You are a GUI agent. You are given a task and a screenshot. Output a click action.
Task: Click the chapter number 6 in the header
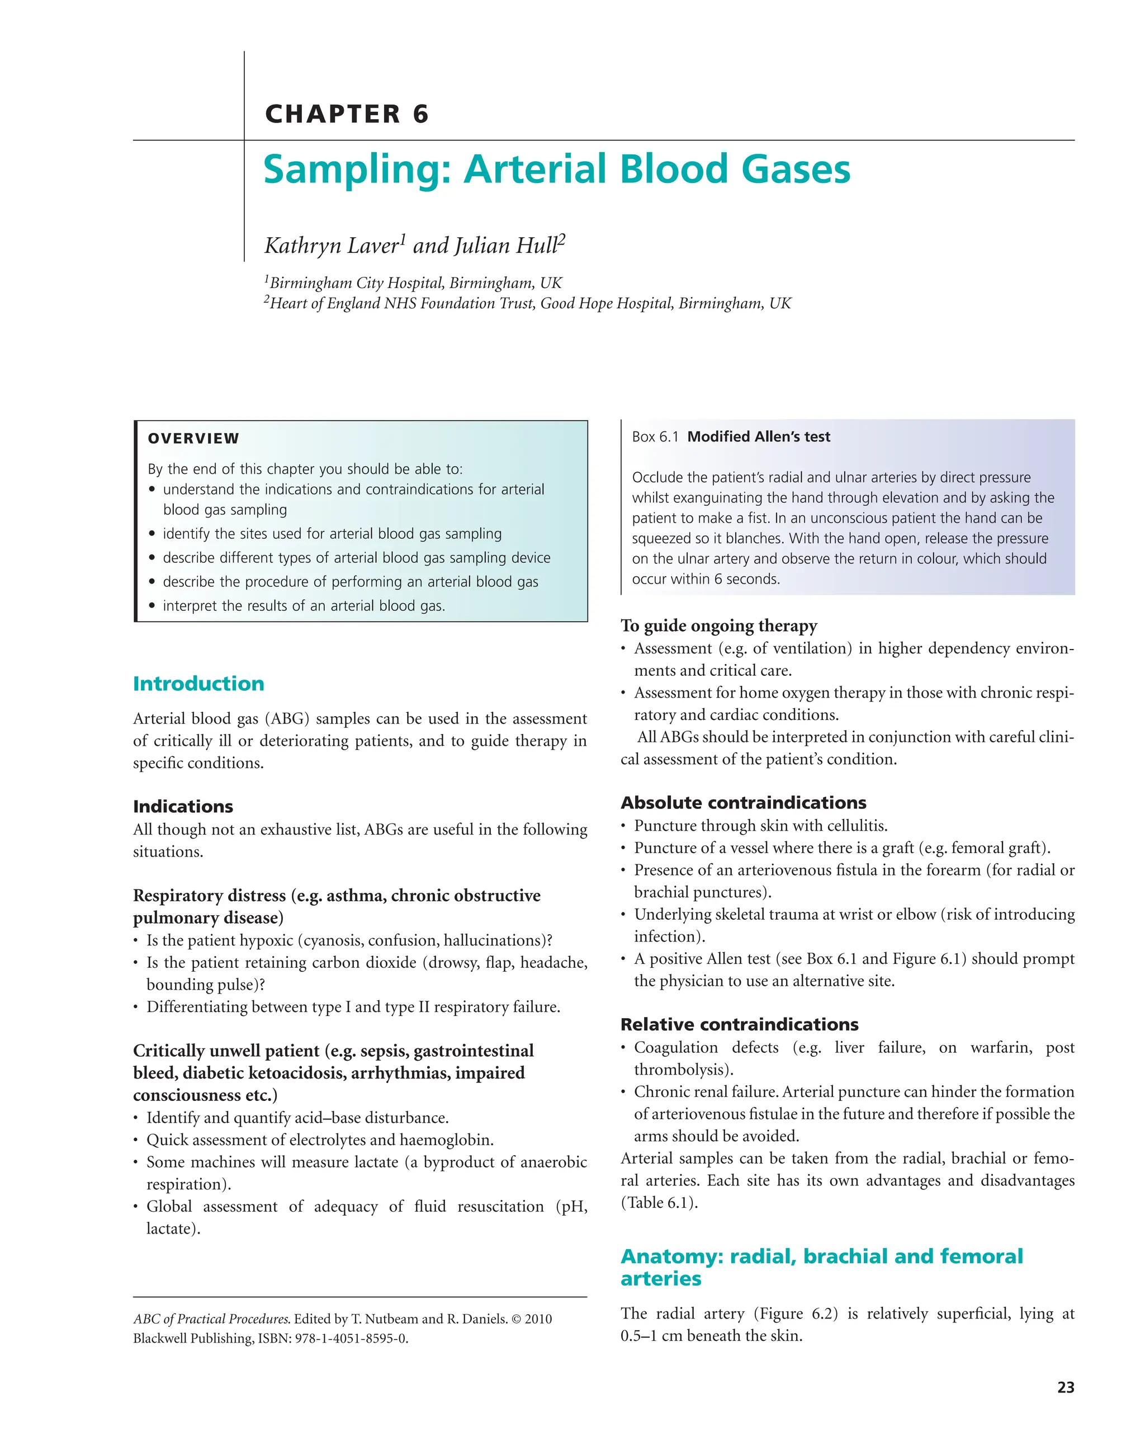click(420, 114)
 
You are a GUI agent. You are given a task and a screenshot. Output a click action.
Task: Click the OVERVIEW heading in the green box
click(193, 439)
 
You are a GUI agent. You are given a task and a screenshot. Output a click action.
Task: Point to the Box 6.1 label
click(655, 437)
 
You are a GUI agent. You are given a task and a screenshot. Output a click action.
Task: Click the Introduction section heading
click(198, 684)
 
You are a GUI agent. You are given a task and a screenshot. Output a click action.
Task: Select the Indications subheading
click(183, 806)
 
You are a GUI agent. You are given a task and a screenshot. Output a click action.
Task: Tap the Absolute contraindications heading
click(743, 802)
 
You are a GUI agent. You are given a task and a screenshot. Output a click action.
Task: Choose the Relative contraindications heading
click(739, 1024)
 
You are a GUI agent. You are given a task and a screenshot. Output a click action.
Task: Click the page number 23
click(1065, 1387)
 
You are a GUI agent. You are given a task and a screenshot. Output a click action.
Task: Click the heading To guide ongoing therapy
click(718, 625)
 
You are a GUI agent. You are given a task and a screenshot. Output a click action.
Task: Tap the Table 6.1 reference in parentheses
click(659, 1202)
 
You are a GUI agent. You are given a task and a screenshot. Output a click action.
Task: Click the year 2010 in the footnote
click(538, 1319)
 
